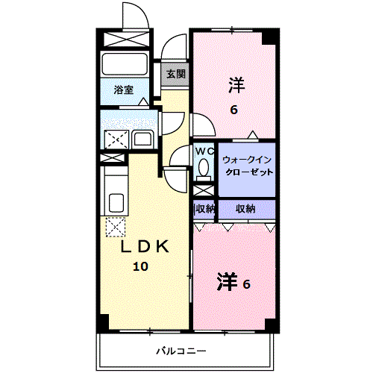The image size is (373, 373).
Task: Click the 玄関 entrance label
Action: coord(176,74)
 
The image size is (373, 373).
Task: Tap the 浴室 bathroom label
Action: coord(124,90)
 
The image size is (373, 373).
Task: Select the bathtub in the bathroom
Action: coord(125,63)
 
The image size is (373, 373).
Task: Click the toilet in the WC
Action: coord(204,169)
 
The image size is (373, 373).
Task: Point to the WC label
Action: coord(204,151)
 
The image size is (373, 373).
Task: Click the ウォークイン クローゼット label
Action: coord(248,166)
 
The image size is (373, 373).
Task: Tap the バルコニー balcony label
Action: coord(181,351)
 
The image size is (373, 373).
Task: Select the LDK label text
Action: coord(145,246)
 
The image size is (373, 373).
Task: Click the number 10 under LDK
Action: coord(141,266)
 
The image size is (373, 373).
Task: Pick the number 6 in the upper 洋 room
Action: coord(234,110)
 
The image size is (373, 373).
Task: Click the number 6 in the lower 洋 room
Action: coord(246,284)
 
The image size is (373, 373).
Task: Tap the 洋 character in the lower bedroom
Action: coord(227,281)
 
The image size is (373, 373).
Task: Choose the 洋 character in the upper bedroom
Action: coord(236,85)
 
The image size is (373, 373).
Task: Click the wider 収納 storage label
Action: coord(245,209)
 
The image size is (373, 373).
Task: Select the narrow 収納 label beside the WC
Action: coord(204,209)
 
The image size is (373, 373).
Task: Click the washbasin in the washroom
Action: coord(142,139)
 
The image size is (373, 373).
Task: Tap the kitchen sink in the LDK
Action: coord(116,202)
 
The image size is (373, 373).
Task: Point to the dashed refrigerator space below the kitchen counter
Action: coord(116,227)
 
